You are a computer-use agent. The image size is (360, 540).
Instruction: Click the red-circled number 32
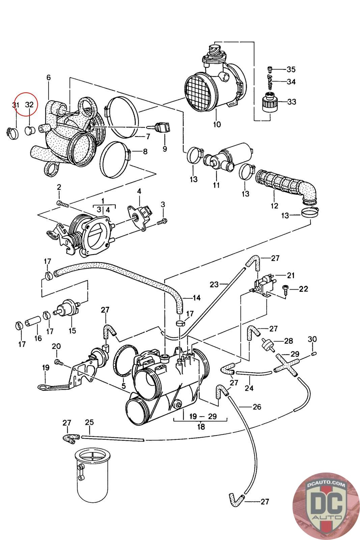(x=30, y=105)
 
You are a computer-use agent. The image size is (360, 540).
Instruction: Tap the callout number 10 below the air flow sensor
(x=217, y=124)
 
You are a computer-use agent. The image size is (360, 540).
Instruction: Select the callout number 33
(x=291, y=102)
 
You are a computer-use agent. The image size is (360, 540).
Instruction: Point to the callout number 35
(x=291, y=70)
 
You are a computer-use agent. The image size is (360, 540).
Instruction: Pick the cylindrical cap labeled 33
(x=270, y=101)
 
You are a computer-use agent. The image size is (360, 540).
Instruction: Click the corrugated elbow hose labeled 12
(x=287, y=186)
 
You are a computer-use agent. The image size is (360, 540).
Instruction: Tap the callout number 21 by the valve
(x=291, y=275)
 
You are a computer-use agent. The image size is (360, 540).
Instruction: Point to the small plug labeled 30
(x=313, y=353)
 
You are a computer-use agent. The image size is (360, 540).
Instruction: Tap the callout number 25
(x=89, y=422)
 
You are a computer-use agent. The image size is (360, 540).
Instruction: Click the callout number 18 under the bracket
(x=201, y=427)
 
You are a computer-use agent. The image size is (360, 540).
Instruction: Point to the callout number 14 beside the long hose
(x=196, y=298)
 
